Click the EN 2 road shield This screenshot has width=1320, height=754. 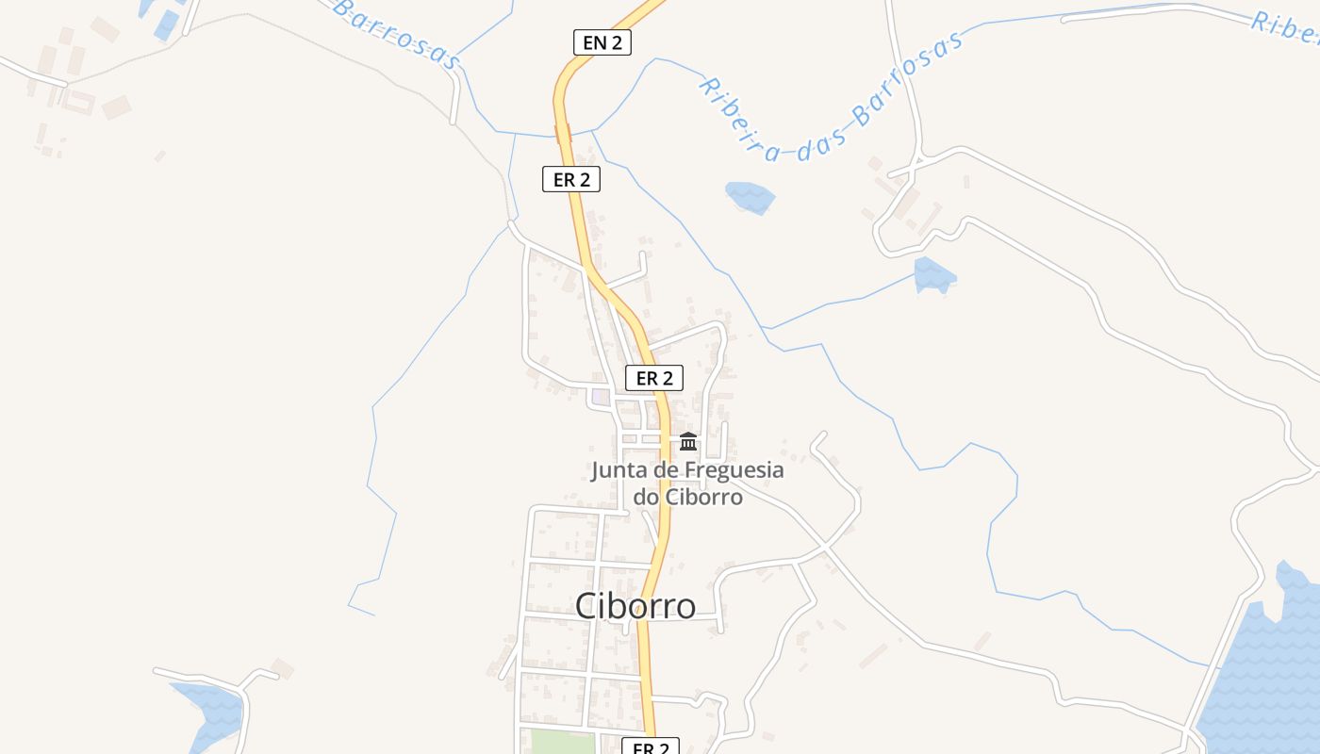coord(602,41)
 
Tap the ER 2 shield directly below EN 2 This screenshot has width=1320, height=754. coord(571,179)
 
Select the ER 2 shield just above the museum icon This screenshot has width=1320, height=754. coord(654,378)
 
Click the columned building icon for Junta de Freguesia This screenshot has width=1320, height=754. coord(688,441)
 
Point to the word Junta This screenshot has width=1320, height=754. coord(620,469)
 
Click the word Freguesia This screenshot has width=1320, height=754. coord(734,469)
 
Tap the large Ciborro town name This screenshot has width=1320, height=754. coord(635,606)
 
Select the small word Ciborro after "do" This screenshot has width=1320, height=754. coord(703,496)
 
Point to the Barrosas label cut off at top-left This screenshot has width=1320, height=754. coord(396,33)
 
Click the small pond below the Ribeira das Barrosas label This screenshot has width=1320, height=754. coord(750,196)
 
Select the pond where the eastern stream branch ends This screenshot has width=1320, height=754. coord(934,274)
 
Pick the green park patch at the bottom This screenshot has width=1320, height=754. coord(563,743)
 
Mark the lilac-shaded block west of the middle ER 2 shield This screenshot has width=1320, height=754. coord(602,397)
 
